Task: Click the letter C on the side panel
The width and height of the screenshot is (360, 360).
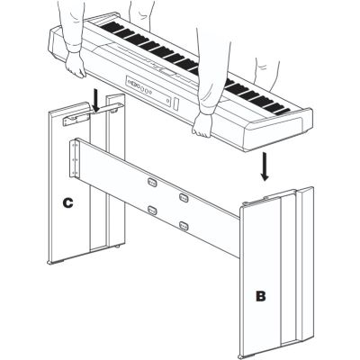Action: tap(67, 202)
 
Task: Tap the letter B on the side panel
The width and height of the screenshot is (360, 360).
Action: tap(260, 296)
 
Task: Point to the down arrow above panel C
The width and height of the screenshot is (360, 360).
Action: tap(96, 101)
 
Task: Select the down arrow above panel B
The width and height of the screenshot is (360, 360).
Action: tap(265, 166)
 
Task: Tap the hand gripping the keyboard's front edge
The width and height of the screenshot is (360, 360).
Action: tap(202, 125)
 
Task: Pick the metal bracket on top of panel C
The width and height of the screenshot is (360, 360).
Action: tap(76, 121)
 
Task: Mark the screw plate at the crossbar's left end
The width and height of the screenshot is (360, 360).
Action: tap(75, 158)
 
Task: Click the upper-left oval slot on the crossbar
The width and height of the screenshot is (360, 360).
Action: tap(152, 182)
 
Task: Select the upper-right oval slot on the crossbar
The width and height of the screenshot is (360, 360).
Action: tap(184, 197)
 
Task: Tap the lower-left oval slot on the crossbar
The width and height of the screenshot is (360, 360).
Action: tap(152, 211)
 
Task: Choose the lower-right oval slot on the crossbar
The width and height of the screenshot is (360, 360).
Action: tap(184, 225)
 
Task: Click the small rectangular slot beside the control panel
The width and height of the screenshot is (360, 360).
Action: tap(176, 103)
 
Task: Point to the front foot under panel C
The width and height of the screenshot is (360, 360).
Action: tap(56, 263)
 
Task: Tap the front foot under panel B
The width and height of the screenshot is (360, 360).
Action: tap(244, 355)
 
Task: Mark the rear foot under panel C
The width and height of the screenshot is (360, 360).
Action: tap(117, 246)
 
